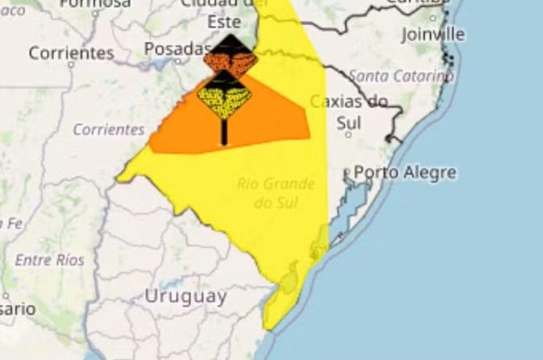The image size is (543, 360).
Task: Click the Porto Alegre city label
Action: (x=404, y=172)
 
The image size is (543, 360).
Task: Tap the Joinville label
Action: (x=433, y=35)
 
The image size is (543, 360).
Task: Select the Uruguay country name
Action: (x=185, y=296)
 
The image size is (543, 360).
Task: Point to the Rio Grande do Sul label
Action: (x=276, y=193)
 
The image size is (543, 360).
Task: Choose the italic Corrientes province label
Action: (x=108, y=129)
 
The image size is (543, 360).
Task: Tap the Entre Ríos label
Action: (x=49, y=260)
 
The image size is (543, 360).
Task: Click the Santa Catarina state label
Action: (x=402, y=77)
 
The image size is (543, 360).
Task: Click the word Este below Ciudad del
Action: (x=223, y=23)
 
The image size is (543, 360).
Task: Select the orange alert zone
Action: (x=274, y=121)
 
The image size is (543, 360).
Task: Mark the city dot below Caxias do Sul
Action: (x=348, y=134)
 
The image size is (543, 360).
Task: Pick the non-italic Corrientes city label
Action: (x=71, y=53)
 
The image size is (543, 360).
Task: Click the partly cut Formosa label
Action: (x=94, y=3)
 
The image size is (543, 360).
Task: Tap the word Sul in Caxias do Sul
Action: (x=348, y=123)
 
